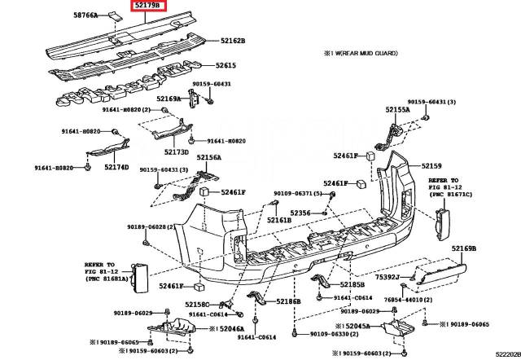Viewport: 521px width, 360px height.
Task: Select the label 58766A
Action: coord(85,15)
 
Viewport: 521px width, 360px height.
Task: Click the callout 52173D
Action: coord(176,151)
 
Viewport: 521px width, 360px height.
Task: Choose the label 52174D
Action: coord(116,167)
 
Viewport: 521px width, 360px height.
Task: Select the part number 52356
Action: coord(300,213)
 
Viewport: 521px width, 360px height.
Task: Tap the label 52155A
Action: coord(398,109)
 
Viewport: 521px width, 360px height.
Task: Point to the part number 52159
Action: coord(431,166)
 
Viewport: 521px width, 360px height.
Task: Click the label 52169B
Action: coord(464,247)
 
